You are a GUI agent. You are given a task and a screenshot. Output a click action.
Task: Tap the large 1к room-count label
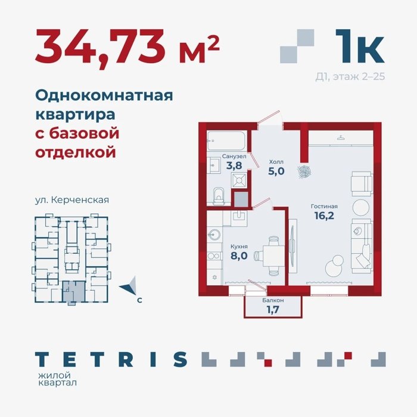(360, 46)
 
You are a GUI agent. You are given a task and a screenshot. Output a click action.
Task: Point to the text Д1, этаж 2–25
(350, 77)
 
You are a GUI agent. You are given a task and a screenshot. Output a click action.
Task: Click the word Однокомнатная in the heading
(104, 95)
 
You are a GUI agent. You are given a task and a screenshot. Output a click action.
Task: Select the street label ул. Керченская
(72, 200)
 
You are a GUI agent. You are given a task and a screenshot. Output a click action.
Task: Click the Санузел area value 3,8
(234, 166)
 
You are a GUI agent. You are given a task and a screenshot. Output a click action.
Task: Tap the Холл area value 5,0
(276, 171)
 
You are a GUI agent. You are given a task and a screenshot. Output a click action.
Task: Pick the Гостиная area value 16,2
(324, 216)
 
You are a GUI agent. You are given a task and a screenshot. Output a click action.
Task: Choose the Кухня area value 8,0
(239, 256)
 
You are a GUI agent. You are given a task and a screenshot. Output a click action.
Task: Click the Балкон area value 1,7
(273, 310)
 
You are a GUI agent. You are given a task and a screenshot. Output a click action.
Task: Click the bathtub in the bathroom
(226, 141)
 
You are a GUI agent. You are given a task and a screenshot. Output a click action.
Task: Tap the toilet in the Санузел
(219, 196)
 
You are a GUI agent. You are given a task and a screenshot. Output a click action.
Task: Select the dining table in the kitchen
(273, 256)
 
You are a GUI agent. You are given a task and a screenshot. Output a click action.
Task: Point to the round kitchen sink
(214, 235)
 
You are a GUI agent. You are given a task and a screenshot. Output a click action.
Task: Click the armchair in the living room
(362, 183)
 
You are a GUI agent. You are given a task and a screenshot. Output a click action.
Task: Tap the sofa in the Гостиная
(362, 246)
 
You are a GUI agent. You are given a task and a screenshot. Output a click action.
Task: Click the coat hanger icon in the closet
(340, 138)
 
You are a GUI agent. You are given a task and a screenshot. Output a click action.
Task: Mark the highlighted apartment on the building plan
(74, 292)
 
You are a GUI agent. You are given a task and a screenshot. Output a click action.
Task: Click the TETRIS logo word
(111, 359)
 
